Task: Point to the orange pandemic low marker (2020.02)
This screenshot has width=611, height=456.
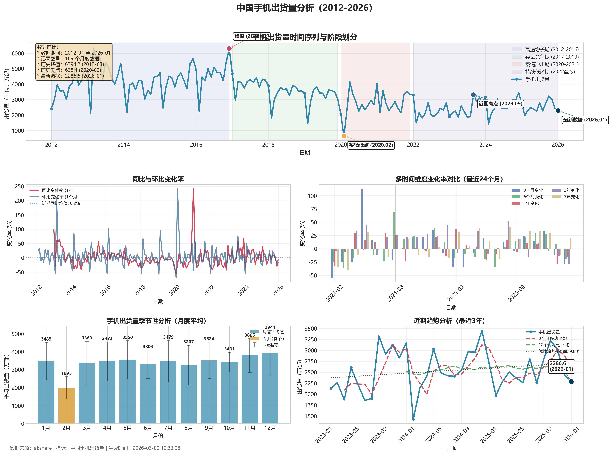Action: pos(344,136)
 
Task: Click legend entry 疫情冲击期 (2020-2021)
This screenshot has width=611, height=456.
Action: pos(552,64)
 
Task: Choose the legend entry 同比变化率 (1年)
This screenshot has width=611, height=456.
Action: pos(58,190)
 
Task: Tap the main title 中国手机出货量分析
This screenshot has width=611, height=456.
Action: pos(305,8)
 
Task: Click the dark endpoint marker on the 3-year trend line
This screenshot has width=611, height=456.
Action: pos(571,381)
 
